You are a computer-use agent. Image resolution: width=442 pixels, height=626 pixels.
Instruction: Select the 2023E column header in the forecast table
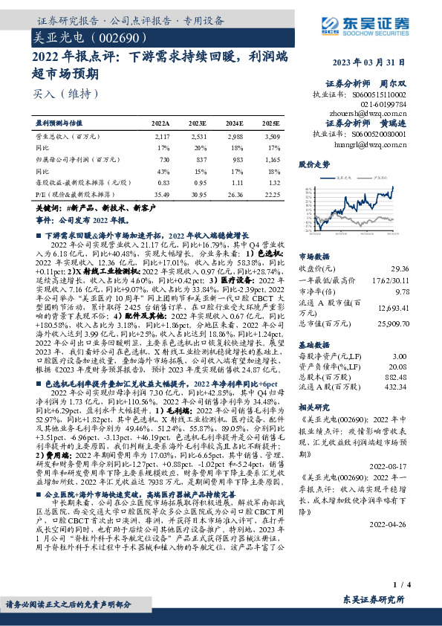[198, 123]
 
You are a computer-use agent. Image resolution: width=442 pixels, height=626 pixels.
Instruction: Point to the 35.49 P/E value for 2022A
[161, 193]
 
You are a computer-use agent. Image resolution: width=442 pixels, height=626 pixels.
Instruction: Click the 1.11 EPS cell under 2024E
[236, 182]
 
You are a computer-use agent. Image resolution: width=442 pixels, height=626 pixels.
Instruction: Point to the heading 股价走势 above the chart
[313, 164]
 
